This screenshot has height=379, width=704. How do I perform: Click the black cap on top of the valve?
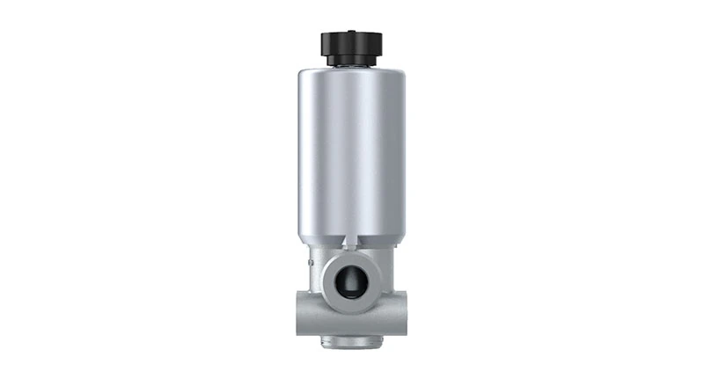coord(352,43)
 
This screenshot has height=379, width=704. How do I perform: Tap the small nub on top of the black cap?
coord(352,31)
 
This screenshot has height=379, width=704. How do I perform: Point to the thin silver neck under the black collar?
coord(352,67)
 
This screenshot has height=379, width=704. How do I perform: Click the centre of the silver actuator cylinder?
coord(352,154)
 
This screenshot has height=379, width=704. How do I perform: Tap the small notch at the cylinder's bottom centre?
coord(352,241)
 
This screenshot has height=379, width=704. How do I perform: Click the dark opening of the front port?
coord(352,279)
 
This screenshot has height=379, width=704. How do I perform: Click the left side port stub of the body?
coord(304,310)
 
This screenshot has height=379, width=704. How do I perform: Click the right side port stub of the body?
coord(400,310)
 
